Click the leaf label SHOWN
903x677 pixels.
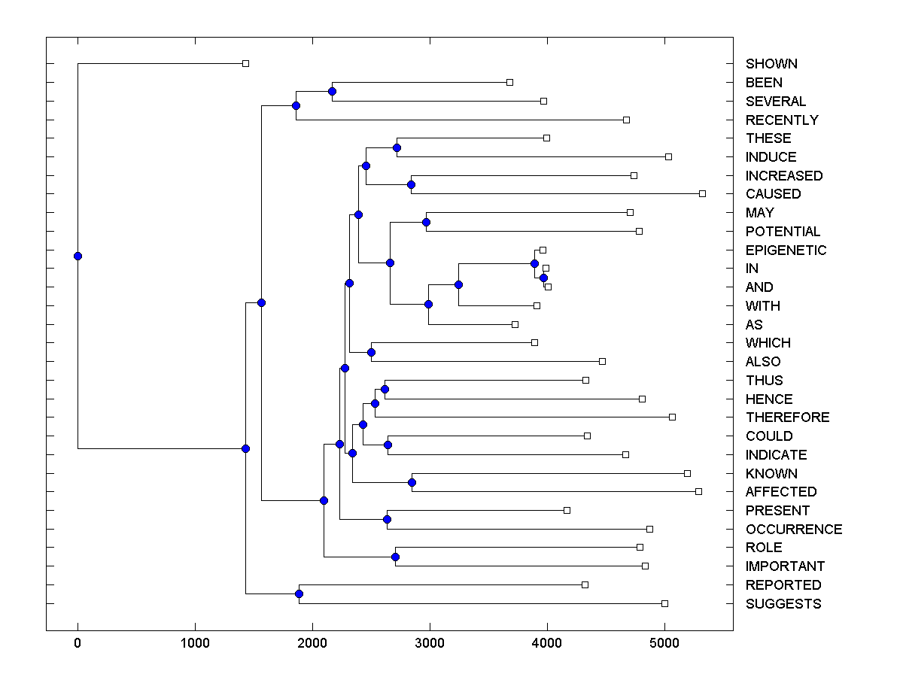(771, 64)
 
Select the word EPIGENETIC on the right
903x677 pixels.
(786, 250)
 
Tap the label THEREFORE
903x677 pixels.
(787, 417)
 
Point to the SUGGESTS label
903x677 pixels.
(783, 604)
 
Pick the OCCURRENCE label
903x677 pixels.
(794, 530)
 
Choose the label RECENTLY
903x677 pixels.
(782, 120)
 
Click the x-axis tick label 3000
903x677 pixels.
(430, 644)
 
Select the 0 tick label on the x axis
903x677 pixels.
(78, 644)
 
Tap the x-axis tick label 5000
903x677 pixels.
(664, 644)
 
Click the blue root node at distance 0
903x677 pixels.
(78, 256)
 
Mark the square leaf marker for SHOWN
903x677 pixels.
(245, 63)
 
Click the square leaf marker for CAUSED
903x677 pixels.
(702, 193)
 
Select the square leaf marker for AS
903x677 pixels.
(515, 324)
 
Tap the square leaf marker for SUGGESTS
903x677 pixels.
(664, 603)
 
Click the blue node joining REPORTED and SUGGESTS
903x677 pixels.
(299, 594)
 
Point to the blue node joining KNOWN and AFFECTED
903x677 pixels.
(412, 482)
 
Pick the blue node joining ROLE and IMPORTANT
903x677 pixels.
(395, 557)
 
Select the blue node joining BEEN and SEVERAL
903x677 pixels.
(332, 91)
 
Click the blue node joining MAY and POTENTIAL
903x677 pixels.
(426, 222)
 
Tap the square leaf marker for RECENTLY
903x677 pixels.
(626, 120)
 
